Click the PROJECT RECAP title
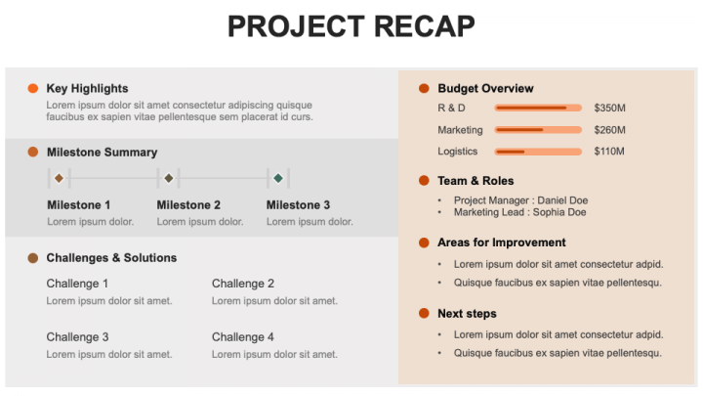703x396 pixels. click(x=351, y=26)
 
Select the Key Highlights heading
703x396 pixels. click(x=87, y=88)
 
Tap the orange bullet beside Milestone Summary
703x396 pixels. click(x=32, y=153)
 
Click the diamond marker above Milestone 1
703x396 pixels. click(x=59, y=178)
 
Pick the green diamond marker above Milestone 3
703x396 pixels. click(x=278, y=178)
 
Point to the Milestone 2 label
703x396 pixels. click(x=188, y=205)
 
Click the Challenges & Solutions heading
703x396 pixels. click(x=111, y=258)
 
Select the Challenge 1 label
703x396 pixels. click(x=77, y=284)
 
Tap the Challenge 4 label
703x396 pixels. click(x=243, y=337)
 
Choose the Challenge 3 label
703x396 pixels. click(x=77, y=337)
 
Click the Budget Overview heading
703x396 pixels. click(x=485, y=89)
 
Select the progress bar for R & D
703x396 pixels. click(x=538, y=108)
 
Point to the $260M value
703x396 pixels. click(x=609, y=130)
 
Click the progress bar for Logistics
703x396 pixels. click(x=538, y=152)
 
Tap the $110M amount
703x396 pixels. click(x=609, y=152)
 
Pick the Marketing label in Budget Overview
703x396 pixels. click(x=460, y=130)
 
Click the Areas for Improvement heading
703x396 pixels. click(x=501, y=242)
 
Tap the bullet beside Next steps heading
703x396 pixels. click(x=424, y=314)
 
